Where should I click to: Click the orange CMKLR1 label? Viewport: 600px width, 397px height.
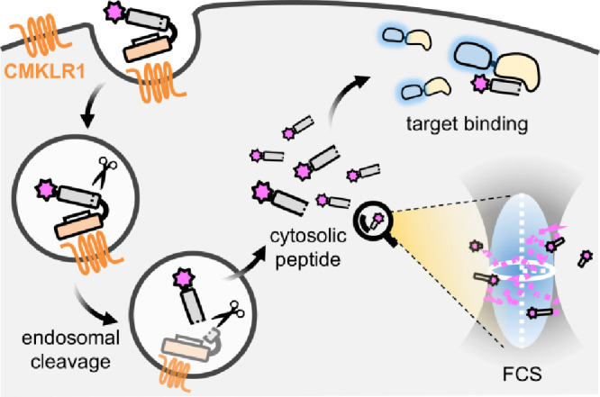click(44, 71)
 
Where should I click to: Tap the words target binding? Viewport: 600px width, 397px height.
click(467, 124)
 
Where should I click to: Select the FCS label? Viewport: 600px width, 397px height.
click(522, 374)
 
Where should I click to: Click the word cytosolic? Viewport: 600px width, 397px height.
click(308, 237)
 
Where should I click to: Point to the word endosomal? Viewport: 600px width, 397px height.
click(71, 338)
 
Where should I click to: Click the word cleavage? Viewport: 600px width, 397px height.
click(71, 362)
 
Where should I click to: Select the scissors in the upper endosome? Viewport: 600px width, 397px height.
click(105, 172)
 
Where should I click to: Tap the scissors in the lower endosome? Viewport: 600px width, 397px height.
click(228, 314)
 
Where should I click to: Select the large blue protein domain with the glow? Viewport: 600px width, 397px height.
click(473, 56)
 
